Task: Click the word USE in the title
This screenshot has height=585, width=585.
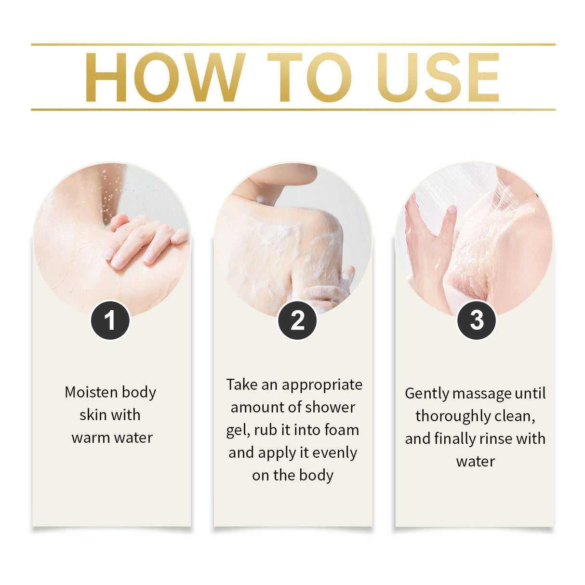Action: (x=438, y=78)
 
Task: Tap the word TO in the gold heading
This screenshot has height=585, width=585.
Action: (x=308, y=78)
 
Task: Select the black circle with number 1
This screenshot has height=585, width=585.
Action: (x=110, y=320)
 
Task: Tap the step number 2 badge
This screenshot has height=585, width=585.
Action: (x=297, y=320)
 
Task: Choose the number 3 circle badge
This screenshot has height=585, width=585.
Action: (x=476, y=320)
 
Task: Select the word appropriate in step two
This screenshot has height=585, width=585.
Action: (x=322, y=385)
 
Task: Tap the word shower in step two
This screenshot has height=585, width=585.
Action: (x=333, y=408)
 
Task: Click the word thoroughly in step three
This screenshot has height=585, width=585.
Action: (x=452, y=416)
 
